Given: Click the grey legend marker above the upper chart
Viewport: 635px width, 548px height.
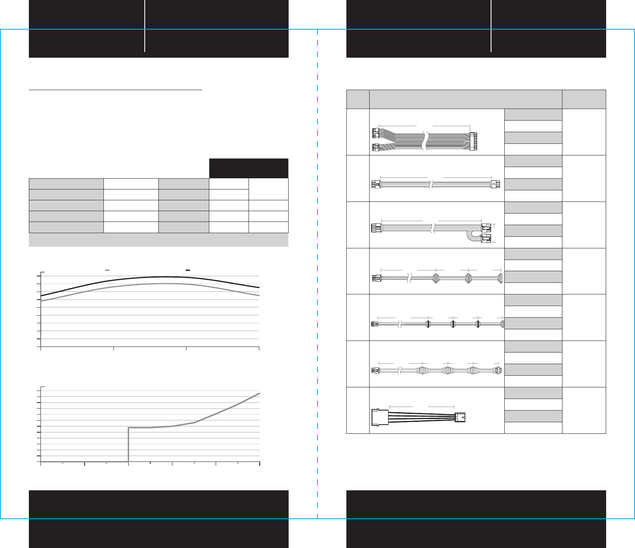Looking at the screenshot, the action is click(x=107, y=271).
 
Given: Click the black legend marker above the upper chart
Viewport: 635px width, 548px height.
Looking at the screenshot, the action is click(x=188, y=271).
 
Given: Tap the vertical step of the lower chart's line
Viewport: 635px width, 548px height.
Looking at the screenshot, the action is click(x=128, y=445).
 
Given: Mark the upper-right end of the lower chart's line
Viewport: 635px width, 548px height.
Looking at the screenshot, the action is click(x=259, y=394).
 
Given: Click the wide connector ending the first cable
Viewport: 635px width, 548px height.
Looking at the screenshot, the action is click(x=473, y=141).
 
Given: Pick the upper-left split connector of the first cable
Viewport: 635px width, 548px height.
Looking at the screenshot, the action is click(x=376, y=133).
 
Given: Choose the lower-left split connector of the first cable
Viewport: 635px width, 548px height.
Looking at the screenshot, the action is click(x=376, y=147).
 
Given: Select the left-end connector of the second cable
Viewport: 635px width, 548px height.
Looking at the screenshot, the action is click(x=376, y=185).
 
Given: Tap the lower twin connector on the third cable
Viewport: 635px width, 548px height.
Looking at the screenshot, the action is click(x=486, y=240).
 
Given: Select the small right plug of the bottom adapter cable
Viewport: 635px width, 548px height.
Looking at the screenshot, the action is click(x=460, y=418).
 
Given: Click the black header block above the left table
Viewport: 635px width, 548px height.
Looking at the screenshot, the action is click(x=249, y=168).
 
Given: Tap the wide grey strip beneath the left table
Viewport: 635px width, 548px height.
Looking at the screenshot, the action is click(x=158, y=240).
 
